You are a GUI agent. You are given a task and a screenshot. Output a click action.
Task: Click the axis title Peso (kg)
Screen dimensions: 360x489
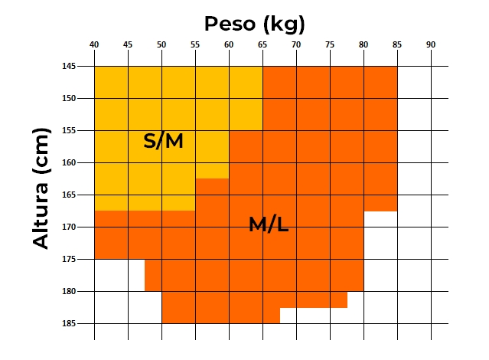[255, 24]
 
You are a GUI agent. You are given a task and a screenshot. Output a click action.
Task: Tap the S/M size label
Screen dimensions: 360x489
[164, 141]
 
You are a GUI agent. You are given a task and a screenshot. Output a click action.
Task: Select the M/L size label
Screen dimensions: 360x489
[269, 224]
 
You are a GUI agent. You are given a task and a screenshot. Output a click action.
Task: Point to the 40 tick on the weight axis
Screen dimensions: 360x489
[94, 45]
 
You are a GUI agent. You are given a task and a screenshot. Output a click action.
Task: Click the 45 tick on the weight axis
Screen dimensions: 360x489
[128, 45]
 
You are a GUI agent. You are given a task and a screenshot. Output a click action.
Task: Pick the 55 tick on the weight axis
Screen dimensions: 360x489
[195, 45]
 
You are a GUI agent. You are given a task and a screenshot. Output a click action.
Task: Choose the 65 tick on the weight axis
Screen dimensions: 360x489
[262, 45]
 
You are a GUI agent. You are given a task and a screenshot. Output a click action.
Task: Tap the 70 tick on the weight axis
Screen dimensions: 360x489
[296, 45]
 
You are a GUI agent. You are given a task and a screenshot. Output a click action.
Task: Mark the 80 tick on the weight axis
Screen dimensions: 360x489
[363, 45]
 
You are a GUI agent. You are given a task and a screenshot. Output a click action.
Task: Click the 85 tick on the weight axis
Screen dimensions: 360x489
[397, 45]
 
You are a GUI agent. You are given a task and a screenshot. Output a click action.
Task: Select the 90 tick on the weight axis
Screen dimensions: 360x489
[431, 45]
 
